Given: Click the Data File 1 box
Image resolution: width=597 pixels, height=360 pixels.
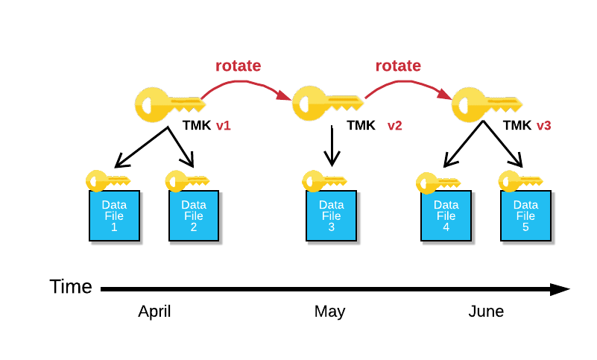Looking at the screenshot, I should pyautogui.click(x=115, y=215).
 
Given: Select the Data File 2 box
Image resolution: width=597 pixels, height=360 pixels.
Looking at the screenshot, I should pyautogui.click(x=194, y=215).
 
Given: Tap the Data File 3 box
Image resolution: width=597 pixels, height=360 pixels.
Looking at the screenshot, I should pyautogui.click(x=332, y=215).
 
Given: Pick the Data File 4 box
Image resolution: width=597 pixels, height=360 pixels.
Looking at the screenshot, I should pyautogui.click(x=446, y=215).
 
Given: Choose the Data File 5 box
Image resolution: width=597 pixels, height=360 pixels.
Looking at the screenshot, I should pyautogui.click(x=525, y=215).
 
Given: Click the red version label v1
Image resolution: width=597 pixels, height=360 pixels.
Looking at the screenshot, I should pyautogui.click(x=224, y=126).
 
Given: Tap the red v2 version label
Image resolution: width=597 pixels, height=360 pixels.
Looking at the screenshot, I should pyautogui.click(x=394, y=126).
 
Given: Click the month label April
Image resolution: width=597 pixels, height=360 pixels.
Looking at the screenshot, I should pyautogui.click(x=154, y=312).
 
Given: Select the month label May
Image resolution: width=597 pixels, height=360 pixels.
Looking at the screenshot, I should pyautogui.click(x=329, y=312).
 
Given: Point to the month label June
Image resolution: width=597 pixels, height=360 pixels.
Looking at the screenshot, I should pyautogui.click(x=486, y=312).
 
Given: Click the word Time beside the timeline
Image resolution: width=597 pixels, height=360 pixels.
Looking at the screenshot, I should pyautogui.click(x=71, y=287).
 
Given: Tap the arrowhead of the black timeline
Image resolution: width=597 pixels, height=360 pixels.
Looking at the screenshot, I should pyautogui.click(x=560, y=289).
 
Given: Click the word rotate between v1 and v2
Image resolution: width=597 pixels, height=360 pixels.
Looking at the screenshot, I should pyautogui.click(x=239, y=66).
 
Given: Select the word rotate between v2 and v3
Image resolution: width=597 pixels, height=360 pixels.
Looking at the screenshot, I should pyautogui.click(x=398, y=66).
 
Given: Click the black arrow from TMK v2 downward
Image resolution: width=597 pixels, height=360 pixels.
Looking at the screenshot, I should pyautogui.click(x=332, y=145).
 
